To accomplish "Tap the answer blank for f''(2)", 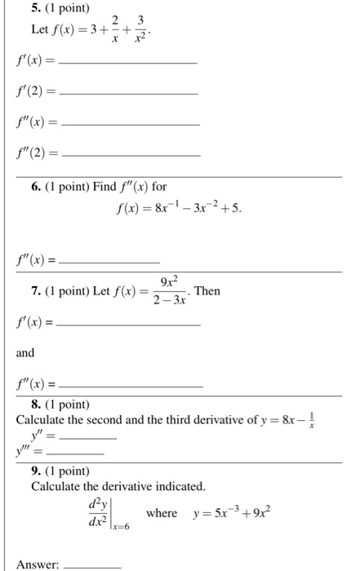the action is (x=131, y=154).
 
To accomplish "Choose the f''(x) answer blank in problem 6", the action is (x=110, y=262).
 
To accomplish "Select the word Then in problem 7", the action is (x=208, y=291).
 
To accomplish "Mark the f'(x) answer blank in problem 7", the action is (x=131, y=324).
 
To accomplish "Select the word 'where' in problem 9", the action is (x=161, y=513).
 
